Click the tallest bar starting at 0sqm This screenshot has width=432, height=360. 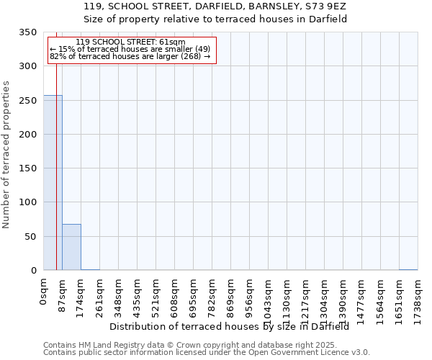[x=53, y=183]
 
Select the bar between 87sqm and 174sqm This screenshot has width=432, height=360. [x=71, y=247]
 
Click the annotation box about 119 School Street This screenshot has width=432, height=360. [x=131, y=50]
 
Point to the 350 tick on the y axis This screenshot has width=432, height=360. [x=28, y=32]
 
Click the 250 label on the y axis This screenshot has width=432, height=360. [x=28, y=101]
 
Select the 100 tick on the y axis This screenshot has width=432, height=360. [x=28, y=202]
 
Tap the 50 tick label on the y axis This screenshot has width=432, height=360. [x=31, y=236]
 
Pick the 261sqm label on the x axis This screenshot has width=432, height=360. [x=100, y=296]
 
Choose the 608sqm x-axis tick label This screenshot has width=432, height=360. [x=175, y=296]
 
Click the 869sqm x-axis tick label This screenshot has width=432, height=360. [x=231, y=296]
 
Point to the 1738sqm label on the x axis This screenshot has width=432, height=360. [x=418, y=298]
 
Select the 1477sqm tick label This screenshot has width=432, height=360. [x=362, y=298]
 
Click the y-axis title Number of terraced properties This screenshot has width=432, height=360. [x=6, y=154]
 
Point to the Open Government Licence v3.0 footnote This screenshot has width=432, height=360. [x=207, y=353]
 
